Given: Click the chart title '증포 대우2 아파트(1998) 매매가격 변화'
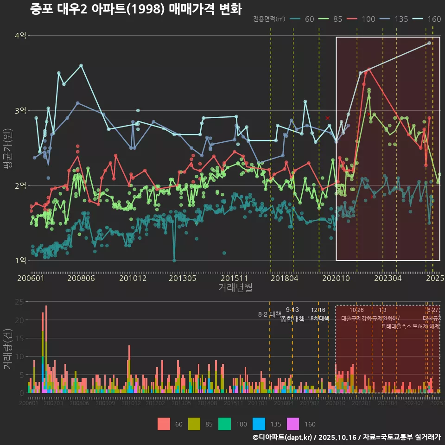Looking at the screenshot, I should [x=136, y=9].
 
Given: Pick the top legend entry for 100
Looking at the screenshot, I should [x=362, y=19].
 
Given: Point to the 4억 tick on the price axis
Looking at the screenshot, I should [x=20, y=36].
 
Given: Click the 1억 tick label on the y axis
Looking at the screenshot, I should [x=20, y=261].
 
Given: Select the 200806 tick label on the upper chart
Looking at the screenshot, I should [x=82, y=279].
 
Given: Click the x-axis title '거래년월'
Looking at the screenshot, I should [x=235, y=288].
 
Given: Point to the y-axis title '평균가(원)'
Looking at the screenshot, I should [x=8, y=148].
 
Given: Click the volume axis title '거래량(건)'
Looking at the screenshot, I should [x=8, y=349].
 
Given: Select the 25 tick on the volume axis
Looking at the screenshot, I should [x=20, y=302].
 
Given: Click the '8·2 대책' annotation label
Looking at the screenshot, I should [x=270, y=314].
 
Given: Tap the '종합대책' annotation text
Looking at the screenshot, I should [x=292, y=319].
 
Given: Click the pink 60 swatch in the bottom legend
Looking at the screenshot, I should [x=164, y=424].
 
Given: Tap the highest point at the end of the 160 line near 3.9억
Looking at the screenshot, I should [x=429, y=43].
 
